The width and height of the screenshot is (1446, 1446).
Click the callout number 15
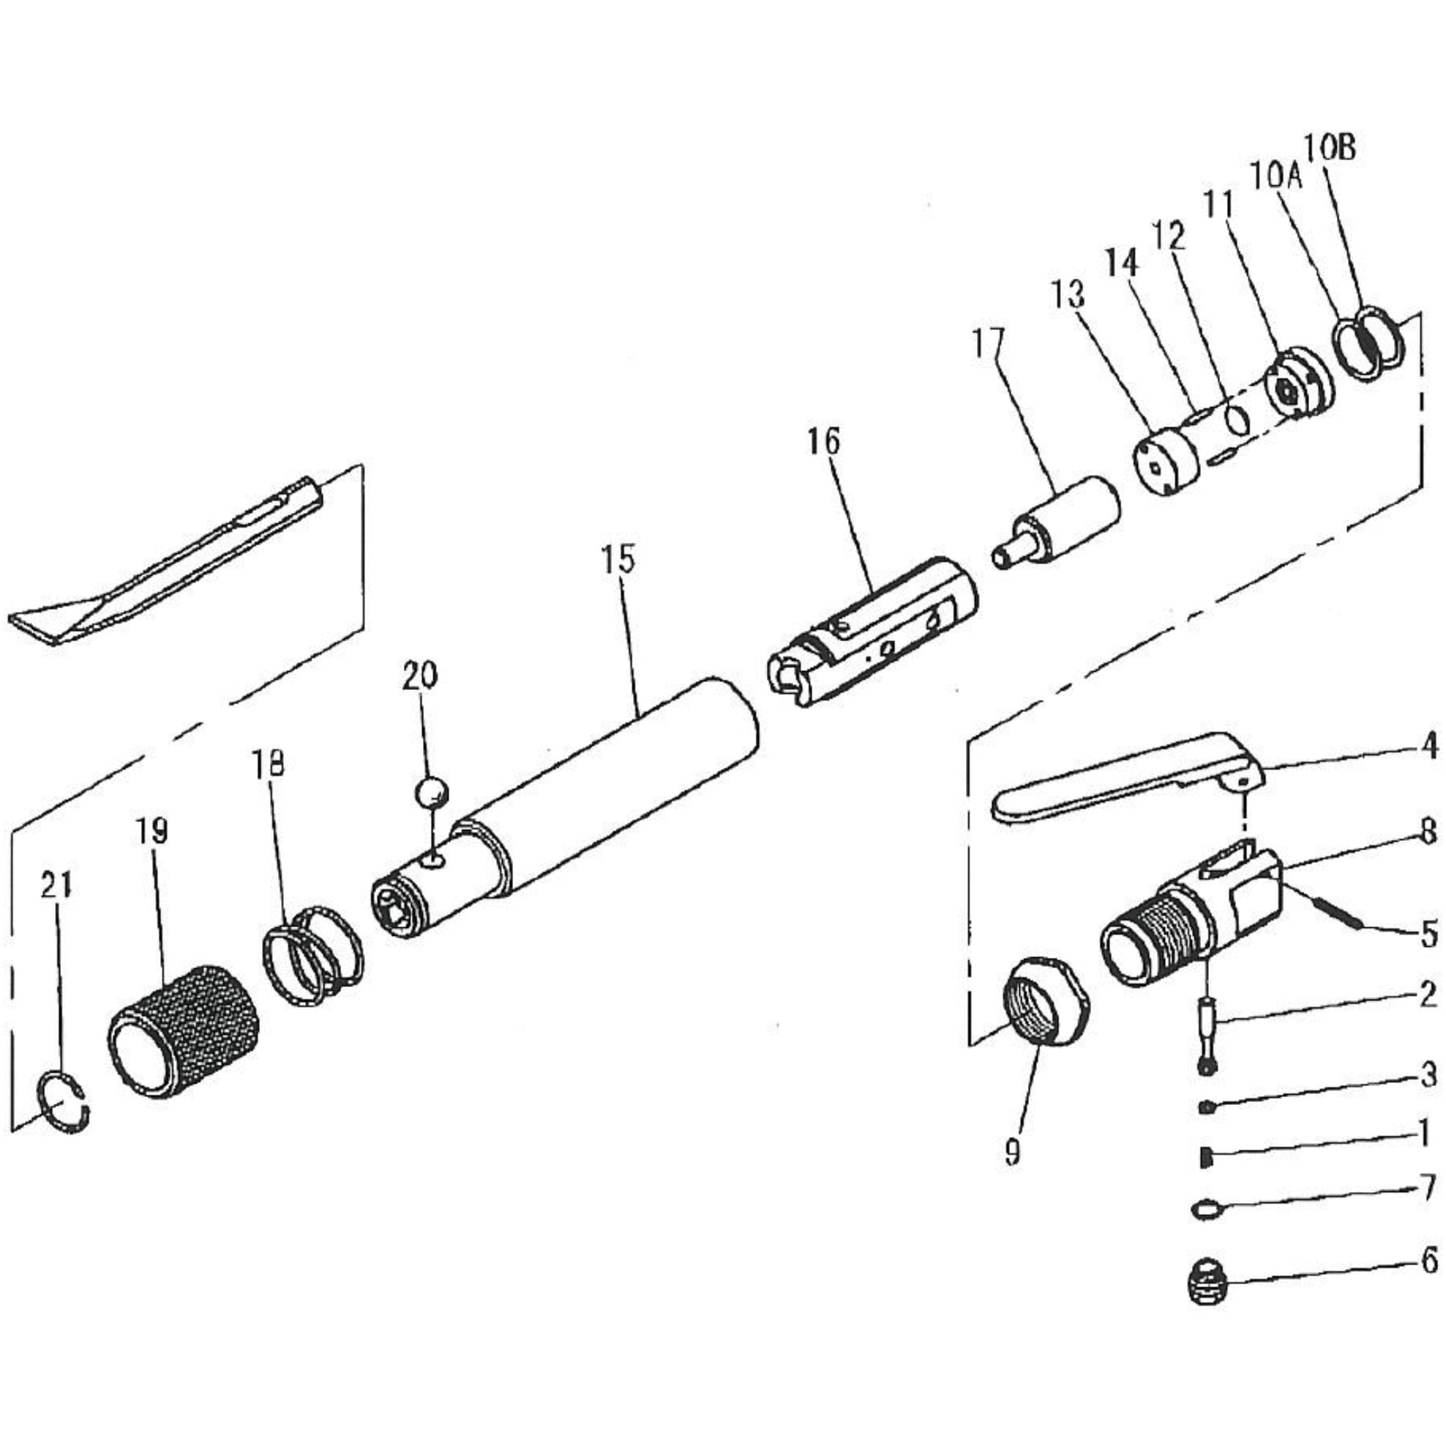(619, 560)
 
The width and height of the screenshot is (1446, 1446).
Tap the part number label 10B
(1329, 149)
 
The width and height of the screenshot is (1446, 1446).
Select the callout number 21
(56, 885)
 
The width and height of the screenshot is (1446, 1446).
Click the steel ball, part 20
(431, 792)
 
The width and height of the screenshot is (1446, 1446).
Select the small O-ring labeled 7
(1205, 1208)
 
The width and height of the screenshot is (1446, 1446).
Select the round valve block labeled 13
(1166, 461)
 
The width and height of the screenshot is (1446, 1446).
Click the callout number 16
(823, 441)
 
